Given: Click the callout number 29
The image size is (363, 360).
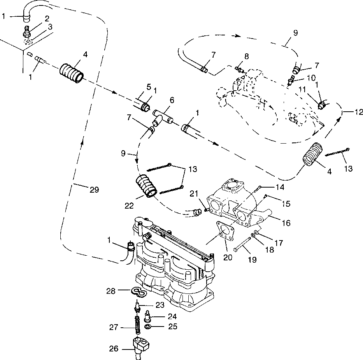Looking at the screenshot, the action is coord(94,190).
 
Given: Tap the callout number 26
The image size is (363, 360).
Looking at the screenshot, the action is coord(114,349).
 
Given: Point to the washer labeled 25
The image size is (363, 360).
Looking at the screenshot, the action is coord(147,327).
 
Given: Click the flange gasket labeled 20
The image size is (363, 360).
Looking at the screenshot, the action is coord(225,230).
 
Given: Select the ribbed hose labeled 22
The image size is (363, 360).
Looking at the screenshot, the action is coord(146,186).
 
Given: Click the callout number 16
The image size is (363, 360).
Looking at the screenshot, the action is coord(286,223).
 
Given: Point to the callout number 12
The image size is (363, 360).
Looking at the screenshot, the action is coord(359,112).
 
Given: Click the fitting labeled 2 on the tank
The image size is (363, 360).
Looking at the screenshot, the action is coord(27,32).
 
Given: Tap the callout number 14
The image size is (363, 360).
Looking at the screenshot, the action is coord(280,187).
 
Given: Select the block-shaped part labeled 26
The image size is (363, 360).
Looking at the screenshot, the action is coord(141,346).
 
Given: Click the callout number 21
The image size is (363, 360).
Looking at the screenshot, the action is coord(194,194).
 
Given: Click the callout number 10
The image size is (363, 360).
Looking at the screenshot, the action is coord(311,78).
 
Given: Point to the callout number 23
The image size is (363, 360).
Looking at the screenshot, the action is coord(160,305).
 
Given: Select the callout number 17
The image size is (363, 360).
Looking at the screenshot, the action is coord(279,243).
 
